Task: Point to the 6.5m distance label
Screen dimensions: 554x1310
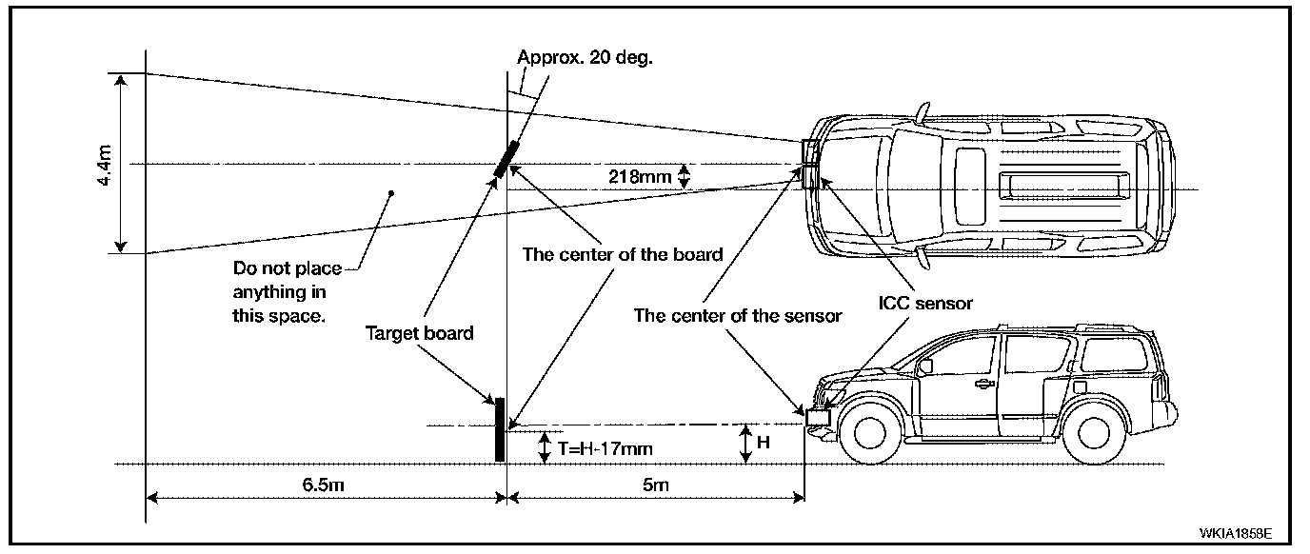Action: coord(323,485)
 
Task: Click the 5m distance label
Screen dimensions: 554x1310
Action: coord(655,485)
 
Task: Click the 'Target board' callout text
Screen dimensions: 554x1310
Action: coord(421,334)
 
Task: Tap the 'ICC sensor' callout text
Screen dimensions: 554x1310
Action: coord(925,304)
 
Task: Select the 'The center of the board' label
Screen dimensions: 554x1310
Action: coord(623,254)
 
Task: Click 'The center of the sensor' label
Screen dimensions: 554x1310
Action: coord(738,316)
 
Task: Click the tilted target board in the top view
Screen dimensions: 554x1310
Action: coord(506,159)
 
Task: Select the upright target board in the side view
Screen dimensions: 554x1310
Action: coord(499,429)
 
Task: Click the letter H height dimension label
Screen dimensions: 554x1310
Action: coord(764,444)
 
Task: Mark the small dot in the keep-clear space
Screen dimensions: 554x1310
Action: coord(390,194)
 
